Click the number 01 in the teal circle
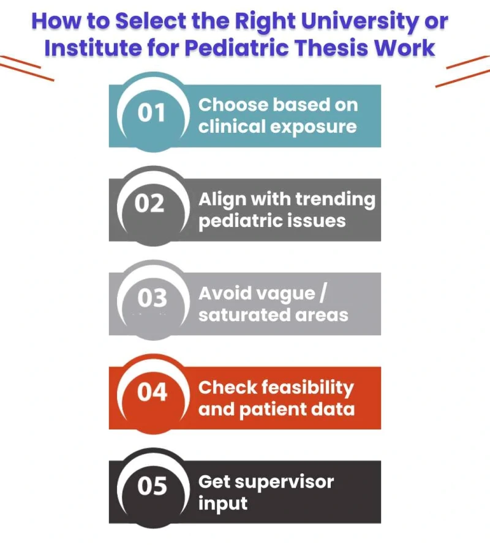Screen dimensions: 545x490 [x=152, y=114]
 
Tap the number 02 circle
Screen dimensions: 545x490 [x=150, y=204]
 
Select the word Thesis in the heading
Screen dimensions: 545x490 [x=349, y=46]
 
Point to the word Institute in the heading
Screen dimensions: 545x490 [x=92, y=46]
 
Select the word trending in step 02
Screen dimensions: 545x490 [x=336, y=199]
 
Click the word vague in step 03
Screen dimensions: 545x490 [x=281, y=294]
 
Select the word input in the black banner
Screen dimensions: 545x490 [x=223, y=503]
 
